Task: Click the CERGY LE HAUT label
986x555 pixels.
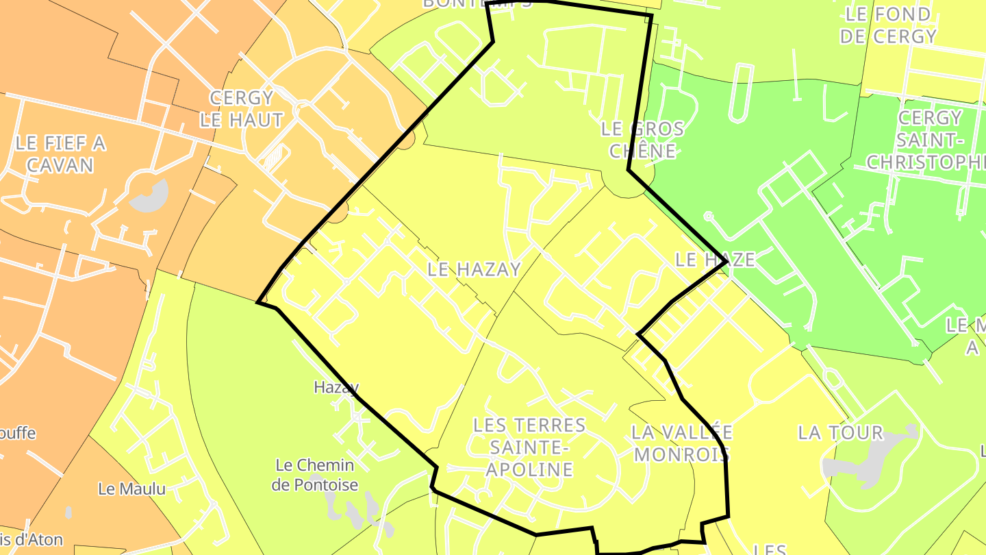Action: pyautogui.click(x=241, y=109)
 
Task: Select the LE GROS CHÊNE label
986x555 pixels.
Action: pyautogui.click(x=642, y=139)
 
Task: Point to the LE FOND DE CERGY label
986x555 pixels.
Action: pyautogui.click(x=887, y=25)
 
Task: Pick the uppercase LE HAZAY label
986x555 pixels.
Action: pyautogui.click(x=474, y=269)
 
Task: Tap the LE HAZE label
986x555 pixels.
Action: pyautogui.click(x=715, y=260)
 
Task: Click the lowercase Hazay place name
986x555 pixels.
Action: pyautogui.click(x=336, y=387)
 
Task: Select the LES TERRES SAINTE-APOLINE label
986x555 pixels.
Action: pyautogui.click(x=530, y=447)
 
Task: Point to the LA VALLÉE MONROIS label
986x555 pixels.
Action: pyautogui.click(x=681, y=443)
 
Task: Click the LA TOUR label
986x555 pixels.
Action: pyautogui.click(x=841, y=433)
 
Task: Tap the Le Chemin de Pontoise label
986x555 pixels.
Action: pyautogui.click(x=315, y=475)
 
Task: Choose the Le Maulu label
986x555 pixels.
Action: pyautogui.click(x=132, y=489)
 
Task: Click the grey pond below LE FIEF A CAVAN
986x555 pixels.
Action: pyautogui.click(x=149, y=198)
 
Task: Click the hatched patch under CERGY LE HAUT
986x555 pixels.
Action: pyautogui.click(x=274, y=160)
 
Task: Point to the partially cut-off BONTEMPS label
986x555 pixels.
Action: pyautogui.click(x=477, y=3)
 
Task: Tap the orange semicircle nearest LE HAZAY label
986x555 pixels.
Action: pyautogui.click(x=337, y=214)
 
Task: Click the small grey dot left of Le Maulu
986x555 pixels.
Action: pyautogui.click(x=68, y=512)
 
